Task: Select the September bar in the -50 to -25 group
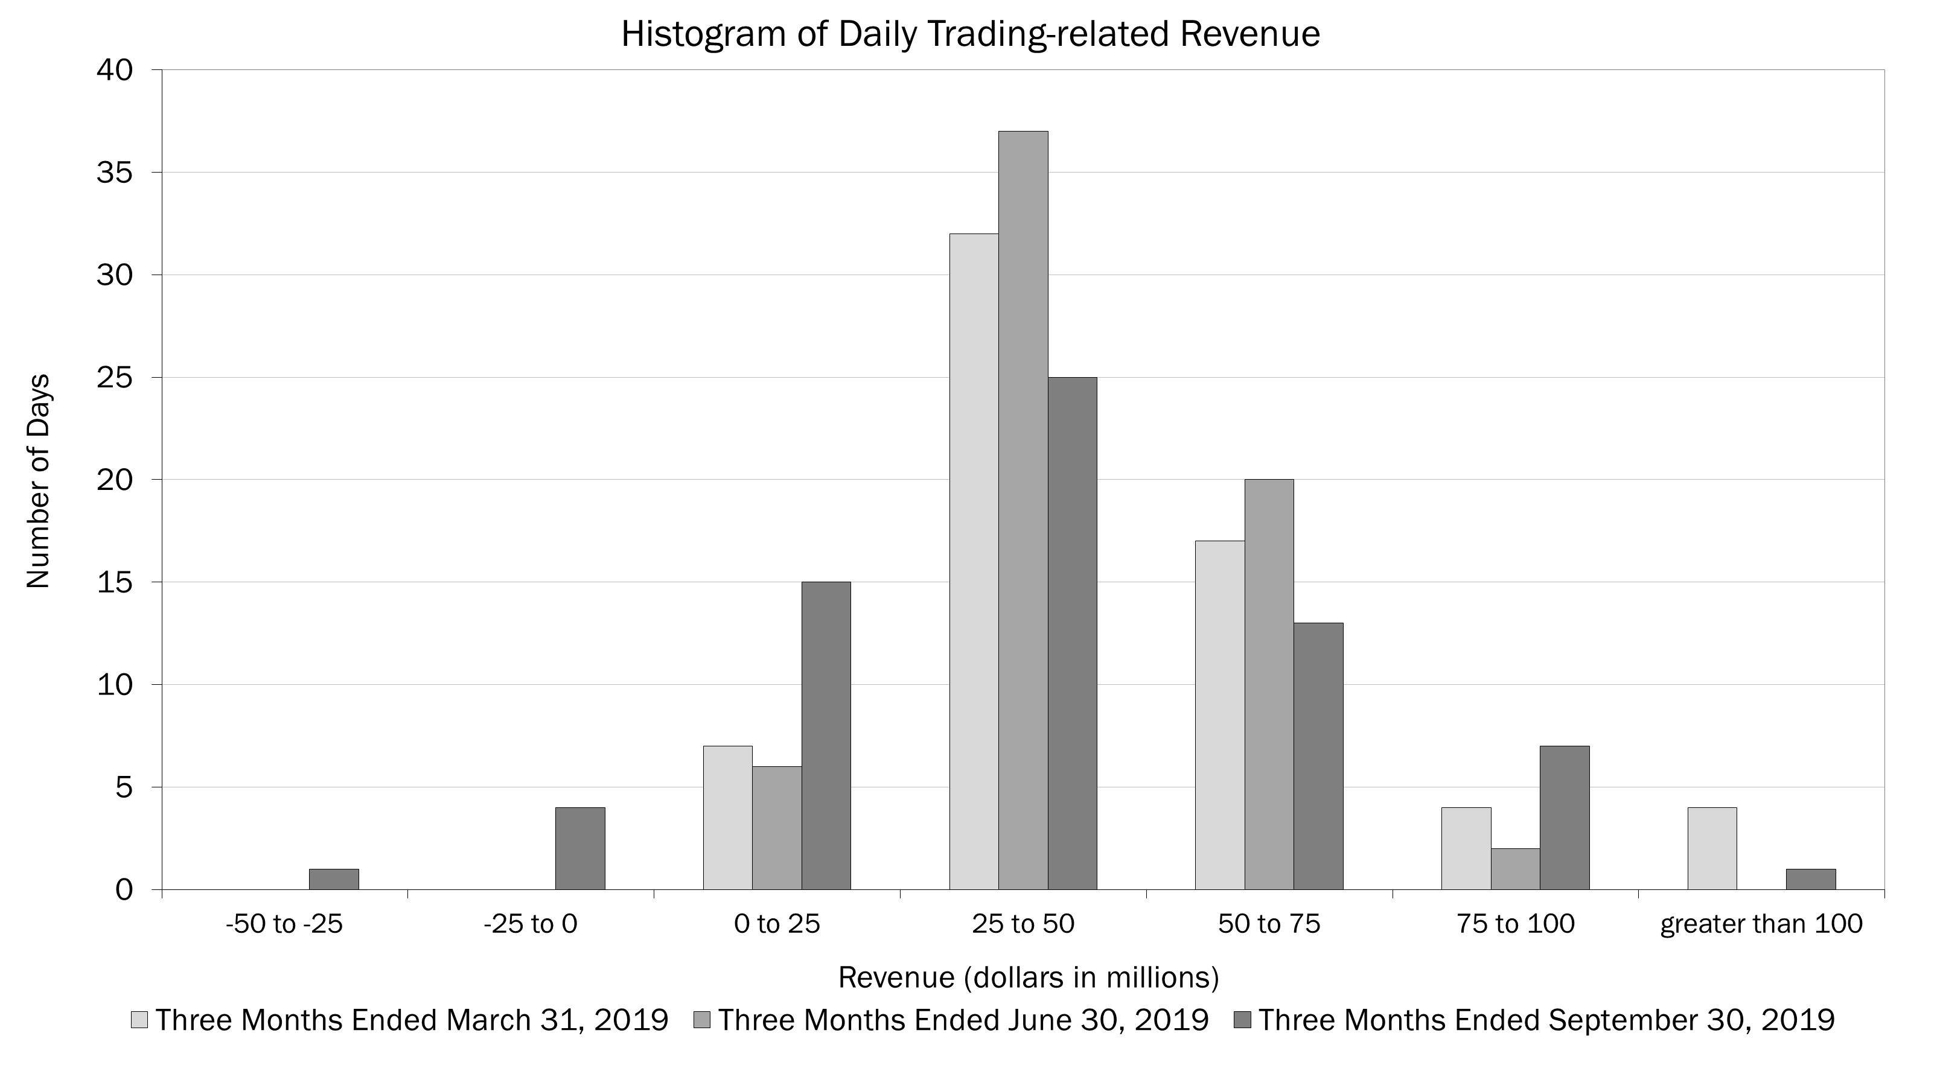click(334, 879)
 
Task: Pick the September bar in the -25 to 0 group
click(580, 848)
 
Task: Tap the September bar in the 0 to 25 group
click(826, 736)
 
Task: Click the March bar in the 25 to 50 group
click(974, 562)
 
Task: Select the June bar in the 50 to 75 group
click(1269, 684)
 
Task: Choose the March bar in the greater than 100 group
click(1712, 848)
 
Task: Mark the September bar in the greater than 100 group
click(1810, 879)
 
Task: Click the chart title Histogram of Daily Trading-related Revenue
click(970, 34)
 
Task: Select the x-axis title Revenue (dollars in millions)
click(1028, 977)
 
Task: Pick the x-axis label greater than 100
click(1761, 924)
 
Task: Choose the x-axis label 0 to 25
click(776, 924)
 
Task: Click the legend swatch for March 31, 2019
click(139, 1020)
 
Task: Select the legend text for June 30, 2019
click(963, 1020)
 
